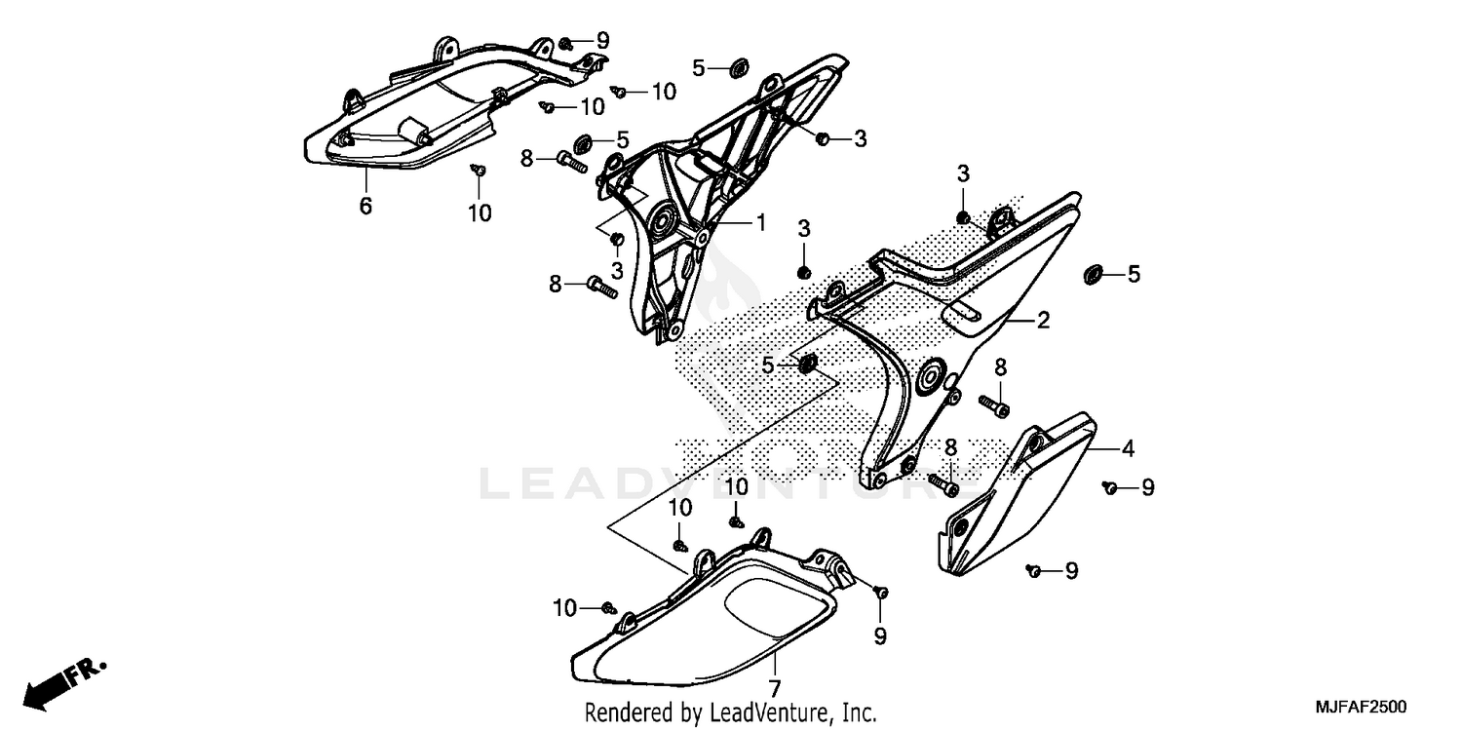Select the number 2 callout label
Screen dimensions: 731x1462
[x=1043, y=320]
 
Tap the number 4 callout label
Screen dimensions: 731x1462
[x=1128, y=449]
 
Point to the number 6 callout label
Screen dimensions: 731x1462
[x=365, y=206]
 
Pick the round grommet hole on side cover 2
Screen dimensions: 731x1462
[x=929, y=374]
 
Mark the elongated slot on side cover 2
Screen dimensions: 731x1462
[x=968, y=311]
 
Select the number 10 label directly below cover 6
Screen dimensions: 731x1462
[x=480, y=212]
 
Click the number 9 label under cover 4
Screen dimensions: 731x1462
[x=1071, y=571]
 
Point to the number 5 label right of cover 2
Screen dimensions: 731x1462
[x=1134, y=275]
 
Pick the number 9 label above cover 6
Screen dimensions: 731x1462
[x=602, y=40]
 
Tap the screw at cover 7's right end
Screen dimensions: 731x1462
[x=880, y=592]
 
